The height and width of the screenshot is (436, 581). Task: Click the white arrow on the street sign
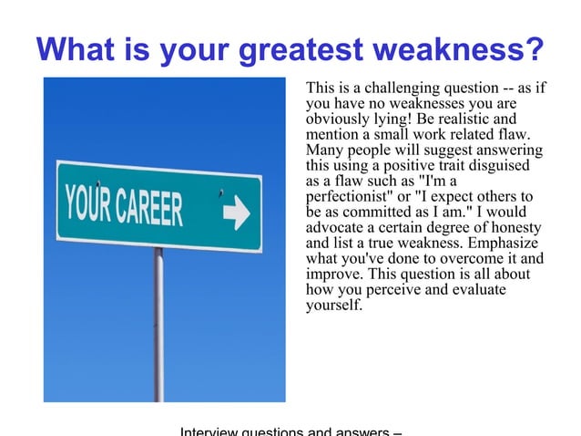pyautogui.click(x=235, y=214)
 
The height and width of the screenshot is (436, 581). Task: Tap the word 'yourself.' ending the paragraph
pyautogui.click(x=334, y=306)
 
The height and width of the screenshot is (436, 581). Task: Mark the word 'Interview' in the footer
pyautogui.click(x=208, y=431)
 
